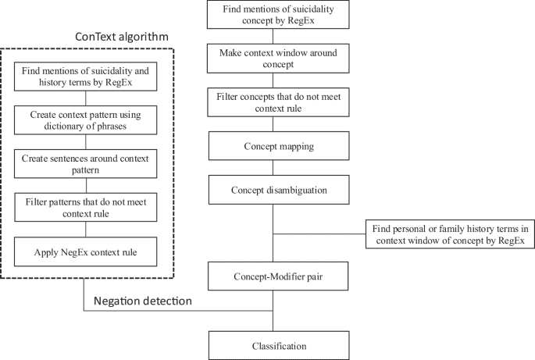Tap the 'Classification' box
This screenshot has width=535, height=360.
point(273,345)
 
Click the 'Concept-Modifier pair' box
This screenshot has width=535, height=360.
point(273,276)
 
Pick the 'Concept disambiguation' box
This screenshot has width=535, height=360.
point(273,189)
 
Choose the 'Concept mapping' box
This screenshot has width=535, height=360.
point(273,146)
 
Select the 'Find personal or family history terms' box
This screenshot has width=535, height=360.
point(450,233)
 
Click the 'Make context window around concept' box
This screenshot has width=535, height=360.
point(273,59)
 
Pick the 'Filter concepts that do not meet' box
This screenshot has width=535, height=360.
point(273,102)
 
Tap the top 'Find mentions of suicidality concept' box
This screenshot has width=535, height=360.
point(273,15)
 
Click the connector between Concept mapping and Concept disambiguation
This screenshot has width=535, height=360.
point(273,167)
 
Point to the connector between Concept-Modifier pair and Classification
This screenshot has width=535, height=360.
point(273,320)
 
